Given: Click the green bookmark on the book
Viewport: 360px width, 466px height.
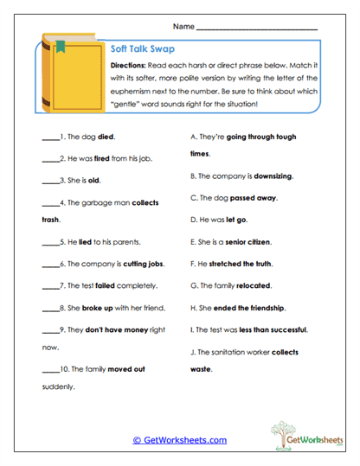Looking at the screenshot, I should click(x=61, y=46).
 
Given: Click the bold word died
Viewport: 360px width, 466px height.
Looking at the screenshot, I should click(x=106, y=137).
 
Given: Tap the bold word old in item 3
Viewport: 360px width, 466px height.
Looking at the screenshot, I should click(x=95, y=181).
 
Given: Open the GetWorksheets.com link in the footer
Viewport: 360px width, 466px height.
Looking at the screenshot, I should click(x=179, y=440).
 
